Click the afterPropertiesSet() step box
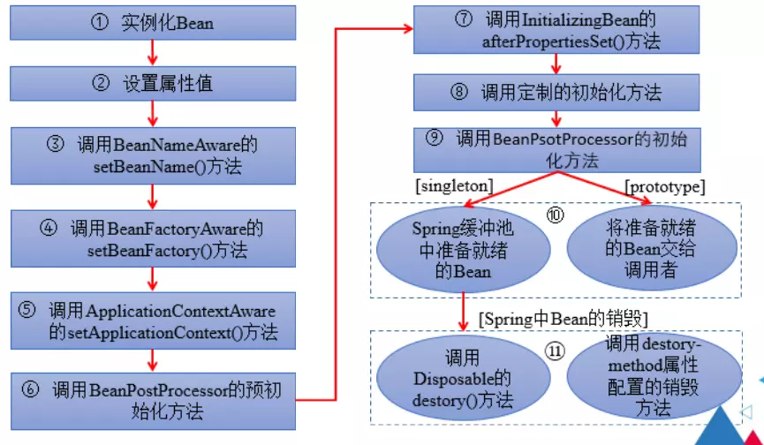pyautogui.click(x=555, y=32)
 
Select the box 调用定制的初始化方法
pyautogui.click(x=555, y=92)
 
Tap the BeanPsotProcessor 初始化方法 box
pyautogui.click(x=555, y=149)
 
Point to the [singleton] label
pyautogui.click(x=453, y=186)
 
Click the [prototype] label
pyautogui.click(x=664, y=186)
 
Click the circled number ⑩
pyautogui.click(x=555, y=215)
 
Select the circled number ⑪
pyautogui.click(x=555, y=351)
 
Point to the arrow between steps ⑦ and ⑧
pyautogui.click(x=555, y=64)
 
